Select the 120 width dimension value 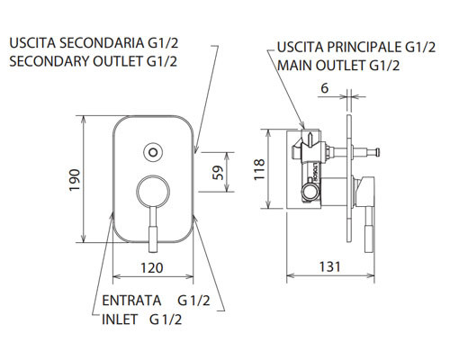(x=151, y=267)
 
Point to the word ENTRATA (x=131, y=300)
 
